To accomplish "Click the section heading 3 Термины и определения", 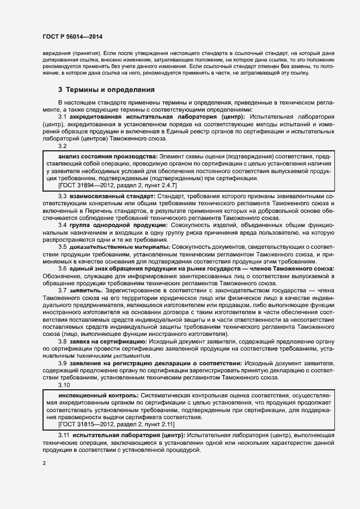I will tap(106, 89).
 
